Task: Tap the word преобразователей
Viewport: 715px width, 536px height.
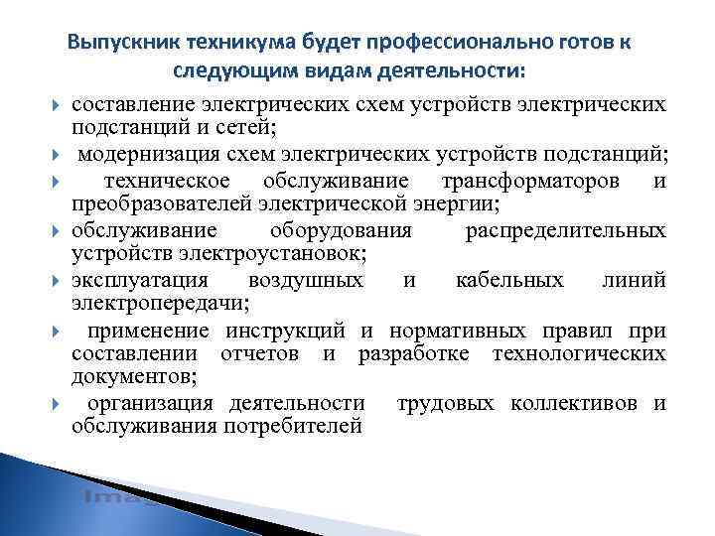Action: [154, 204]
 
